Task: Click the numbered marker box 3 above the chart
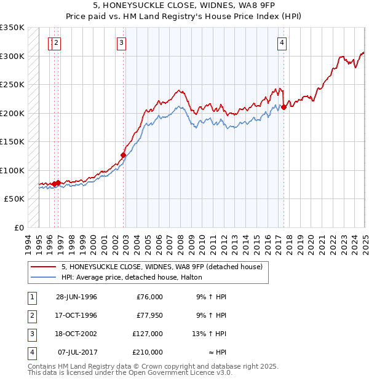coord(122,42)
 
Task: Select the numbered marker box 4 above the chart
coord(282,42)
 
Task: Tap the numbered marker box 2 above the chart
coord(56,42)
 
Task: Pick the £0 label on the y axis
coord(18,227)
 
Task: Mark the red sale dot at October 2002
coord(124,155)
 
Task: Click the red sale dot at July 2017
coord(284,108)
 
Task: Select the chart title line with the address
coord(184,6)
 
